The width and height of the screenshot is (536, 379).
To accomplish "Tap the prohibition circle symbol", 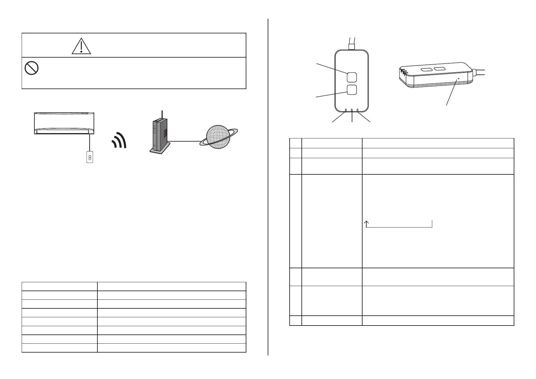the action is pyautogui.click(x=32, y=68).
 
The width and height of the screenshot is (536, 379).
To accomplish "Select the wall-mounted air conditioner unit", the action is pyautogui.click(x=64, y=123).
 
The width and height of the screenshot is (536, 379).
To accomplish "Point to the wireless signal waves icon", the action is pyautogui.click(x=119, y=141).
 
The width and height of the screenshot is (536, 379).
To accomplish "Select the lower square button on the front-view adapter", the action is pyautogui.click(x=351, y=90).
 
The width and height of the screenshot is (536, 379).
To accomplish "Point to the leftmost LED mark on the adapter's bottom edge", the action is pyautogui.click(x=346, y=110).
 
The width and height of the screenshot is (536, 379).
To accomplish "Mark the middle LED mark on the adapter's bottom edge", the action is pyautogui.click(x=352, y=111).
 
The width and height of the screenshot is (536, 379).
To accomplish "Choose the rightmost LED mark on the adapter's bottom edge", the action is pyautogui.click(x=358, y=110).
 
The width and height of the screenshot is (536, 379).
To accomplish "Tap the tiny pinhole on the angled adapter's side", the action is pyautogui.click(x=458, y=79).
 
